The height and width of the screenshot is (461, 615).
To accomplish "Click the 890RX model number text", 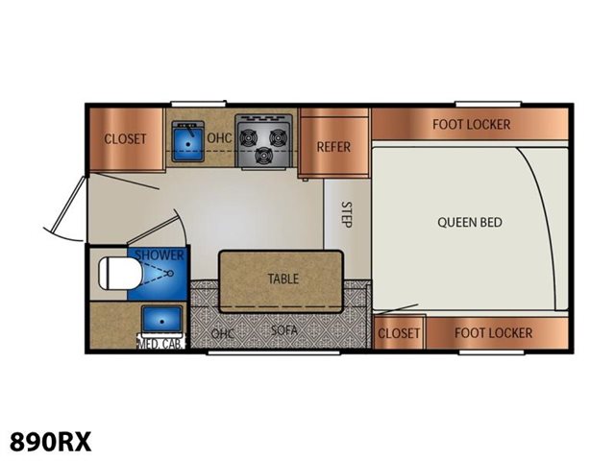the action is click(x=50, y=442).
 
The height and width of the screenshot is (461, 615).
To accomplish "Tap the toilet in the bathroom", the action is click(x=119, y=274).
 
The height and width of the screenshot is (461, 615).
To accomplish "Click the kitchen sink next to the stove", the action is click(x=188, y=141).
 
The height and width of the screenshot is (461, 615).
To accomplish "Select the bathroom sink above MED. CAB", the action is click(x=162, y=319).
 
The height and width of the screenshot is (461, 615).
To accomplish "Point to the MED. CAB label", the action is click(x=160, y=344).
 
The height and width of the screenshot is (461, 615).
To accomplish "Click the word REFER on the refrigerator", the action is click(x=333, y=147).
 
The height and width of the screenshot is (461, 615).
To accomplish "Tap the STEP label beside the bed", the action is click(x=346, y=214).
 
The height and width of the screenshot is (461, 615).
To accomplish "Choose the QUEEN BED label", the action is click(x=470, y=222).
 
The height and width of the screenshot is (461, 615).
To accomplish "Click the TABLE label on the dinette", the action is click(x=283, y=279).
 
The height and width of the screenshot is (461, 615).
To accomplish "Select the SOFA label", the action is click(x=284, y=330).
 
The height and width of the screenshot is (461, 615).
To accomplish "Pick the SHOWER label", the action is click(x=160, y=255).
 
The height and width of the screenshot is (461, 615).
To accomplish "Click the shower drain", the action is click(x=171, y=273).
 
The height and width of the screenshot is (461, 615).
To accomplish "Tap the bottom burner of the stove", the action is click(x=263, y=156).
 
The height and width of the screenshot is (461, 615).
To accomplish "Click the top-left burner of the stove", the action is click(x=248, y=137).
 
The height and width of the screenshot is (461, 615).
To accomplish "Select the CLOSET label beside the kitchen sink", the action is click(x=125, y=138).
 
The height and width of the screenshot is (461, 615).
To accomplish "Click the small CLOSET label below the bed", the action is click(x=399, y=333).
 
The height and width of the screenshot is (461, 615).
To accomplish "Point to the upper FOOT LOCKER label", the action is click(x=472, y=125).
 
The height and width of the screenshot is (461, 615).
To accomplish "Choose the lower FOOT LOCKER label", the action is click(x=493, y=333).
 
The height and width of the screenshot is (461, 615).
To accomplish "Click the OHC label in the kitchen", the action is click(x=219, y=138).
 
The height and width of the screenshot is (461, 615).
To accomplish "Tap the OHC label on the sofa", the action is click(x=222, y=333).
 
